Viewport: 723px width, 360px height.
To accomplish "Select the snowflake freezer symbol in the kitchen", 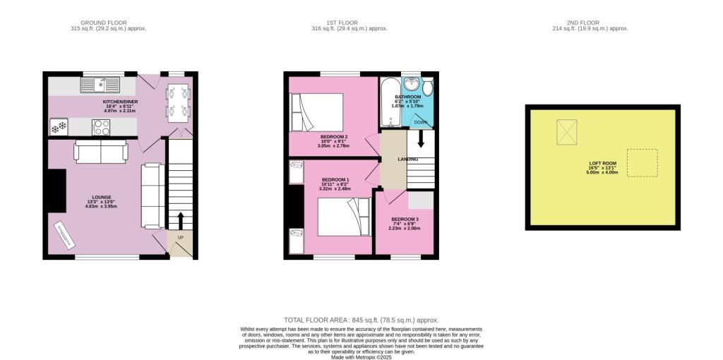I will coord(58,127).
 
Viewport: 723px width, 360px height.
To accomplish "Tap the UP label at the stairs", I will coord(180,237).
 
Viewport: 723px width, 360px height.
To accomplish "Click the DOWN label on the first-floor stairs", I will coord(420,121).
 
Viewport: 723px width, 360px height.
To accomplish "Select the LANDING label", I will coord(407,159).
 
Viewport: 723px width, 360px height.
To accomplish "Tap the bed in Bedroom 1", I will coord(342,216).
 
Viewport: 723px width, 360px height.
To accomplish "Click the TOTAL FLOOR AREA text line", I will coord(361,320).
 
